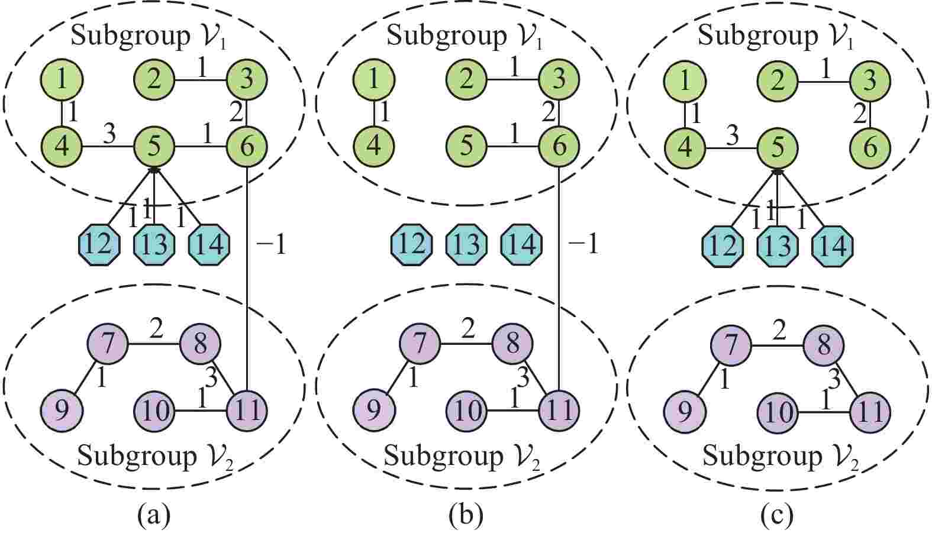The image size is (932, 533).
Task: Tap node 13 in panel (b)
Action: [x=466, y=243]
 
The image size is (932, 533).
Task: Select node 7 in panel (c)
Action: [x=732, y=344]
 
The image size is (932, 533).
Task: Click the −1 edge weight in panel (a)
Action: [x=272, y=244]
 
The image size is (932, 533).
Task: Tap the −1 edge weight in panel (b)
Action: [x=583, y=244]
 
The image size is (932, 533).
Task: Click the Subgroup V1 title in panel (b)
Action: [x=465, y=36]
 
